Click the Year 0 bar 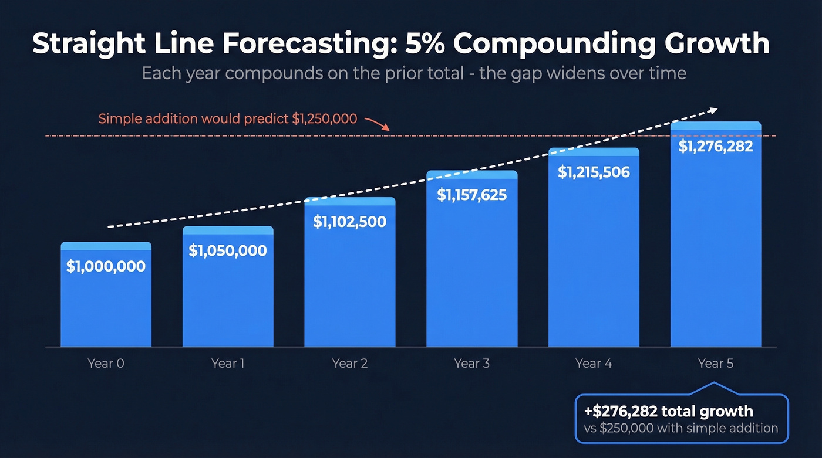[x=106, y=299]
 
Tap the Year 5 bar [x=715, y=246]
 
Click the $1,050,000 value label [x=227, y=251]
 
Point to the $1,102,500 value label [x=349, y=222]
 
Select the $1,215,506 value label [x=593, y=172]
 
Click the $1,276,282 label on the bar [x=715, y=146]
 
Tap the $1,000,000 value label [x=106, y=266]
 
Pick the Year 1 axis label [x=227, y=364]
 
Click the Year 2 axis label [x=349, y=364]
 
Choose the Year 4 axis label [x=593, y=364]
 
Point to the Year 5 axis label [x=715, y=364]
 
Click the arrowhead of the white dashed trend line [x=713, y=110]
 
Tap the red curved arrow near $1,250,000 [x=376, y=123]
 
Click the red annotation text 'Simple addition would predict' [x=194, y=119]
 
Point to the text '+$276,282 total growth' [x=668, y=411]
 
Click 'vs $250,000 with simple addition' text [x=680, y=428]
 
